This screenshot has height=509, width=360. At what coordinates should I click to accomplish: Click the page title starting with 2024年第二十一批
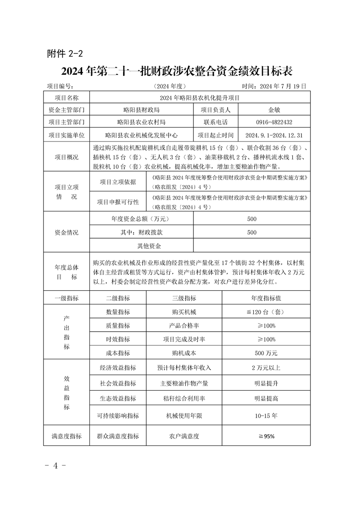point(179,71)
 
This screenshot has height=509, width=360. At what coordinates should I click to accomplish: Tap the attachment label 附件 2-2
point(65,54)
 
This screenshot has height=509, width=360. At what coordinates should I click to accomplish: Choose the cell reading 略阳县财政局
point(141,110)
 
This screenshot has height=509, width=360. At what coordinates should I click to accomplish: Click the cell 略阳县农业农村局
point(141,122)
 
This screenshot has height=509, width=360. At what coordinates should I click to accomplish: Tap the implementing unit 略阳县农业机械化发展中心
point(141,135)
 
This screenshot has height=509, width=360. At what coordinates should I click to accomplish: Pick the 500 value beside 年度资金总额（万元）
point(252,219)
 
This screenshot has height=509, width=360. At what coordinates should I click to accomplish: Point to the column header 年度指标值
point(266,298)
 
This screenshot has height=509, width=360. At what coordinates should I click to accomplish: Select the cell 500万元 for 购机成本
point(266,353)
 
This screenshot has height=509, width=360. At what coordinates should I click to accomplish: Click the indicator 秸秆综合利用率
point(184,398)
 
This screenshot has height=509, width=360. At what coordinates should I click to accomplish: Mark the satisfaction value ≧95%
point(266,436)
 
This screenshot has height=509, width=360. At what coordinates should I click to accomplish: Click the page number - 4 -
point(56,466)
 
